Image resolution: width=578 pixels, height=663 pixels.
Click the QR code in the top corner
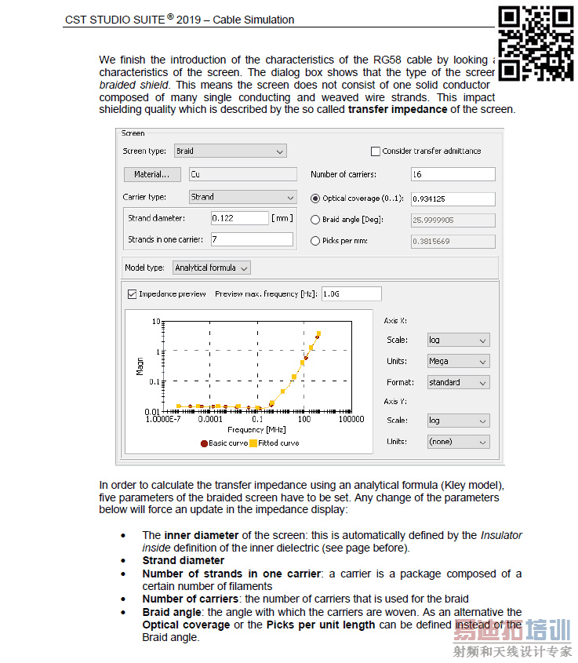(536, 43)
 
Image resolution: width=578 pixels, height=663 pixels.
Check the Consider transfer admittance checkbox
(375, 151)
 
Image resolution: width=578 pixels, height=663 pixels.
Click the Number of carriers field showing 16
(453, 174)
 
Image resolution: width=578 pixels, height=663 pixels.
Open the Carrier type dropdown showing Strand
(242, 197)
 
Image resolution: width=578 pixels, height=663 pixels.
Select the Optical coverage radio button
(315, 199)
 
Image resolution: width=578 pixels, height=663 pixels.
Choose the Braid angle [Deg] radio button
(315, 220)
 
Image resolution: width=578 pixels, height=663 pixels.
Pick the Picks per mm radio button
(315, 241)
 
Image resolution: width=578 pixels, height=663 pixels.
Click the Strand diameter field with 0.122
(239, 217)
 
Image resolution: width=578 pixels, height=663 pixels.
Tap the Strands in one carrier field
(252, 239)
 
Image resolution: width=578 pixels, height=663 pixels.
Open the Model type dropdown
(211, 268)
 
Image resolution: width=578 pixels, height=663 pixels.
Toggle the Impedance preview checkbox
(132, 294)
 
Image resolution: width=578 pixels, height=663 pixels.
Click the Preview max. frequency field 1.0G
(351, 294)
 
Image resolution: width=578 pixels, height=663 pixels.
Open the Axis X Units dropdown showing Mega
(458, 362)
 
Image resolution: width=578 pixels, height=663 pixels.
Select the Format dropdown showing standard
(458, 383)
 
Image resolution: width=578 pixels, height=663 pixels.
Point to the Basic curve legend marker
(204, 443)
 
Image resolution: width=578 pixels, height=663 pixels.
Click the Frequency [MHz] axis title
(245, 430)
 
